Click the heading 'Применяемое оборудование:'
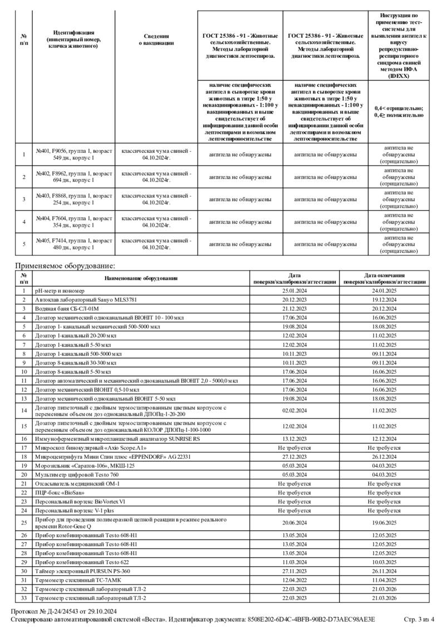(x=65, y=266)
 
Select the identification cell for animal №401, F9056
(x=74, y=154)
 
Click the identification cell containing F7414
(x=74, y=244)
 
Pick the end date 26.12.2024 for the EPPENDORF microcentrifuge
(x=384, y=456)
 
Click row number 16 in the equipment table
(x=24, y=438)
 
